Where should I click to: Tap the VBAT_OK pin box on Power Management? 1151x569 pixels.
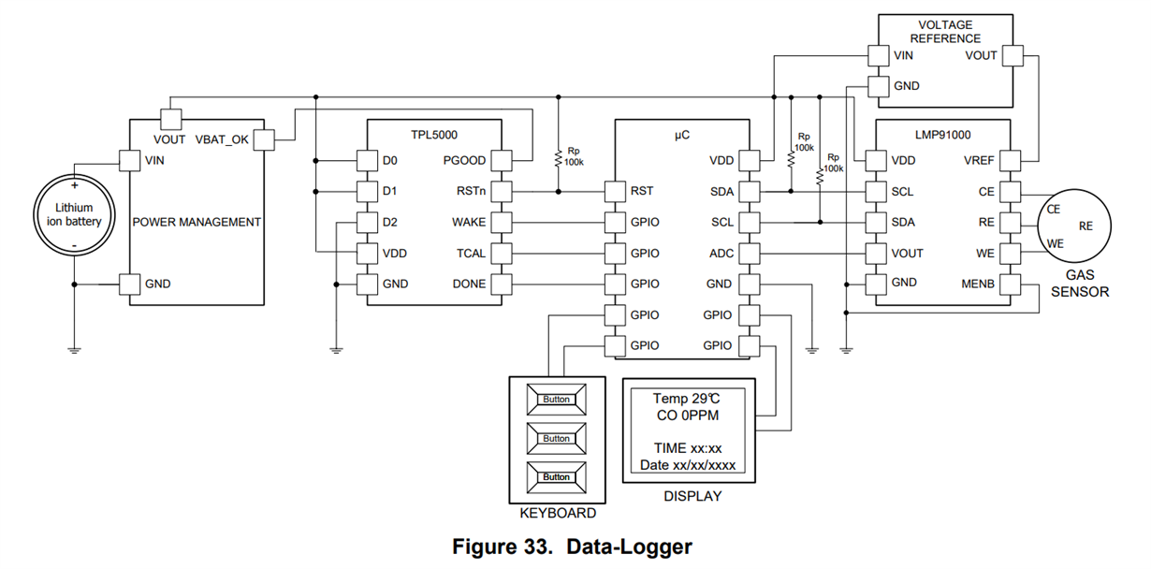tap(264, 139)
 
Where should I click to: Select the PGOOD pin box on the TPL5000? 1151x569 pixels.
tap(502, 160)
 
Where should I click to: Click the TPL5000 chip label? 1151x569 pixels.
tap(434, 135)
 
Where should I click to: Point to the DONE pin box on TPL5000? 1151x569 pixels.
tap(502, 284)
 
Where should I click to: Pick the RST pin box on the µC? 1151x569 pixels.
tap(615, 191)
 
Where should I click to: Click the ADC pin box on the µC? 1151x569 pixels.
tap(750, 254)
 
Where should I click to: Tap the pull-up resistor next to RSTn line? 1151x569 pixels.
tap(559, 158)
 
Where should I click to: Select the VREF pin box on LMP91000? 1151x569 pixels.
tap(1011, 160)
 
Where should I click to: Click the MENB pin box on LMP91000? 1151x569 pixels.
tap(1011, 284)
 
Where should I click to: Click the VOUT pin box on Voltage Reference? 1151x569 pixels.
tap(1013, 55)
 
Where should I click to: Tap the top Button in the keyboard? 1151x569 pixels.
tap(557, 400)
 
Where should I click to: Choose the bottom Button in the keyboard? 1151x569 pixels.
tap(557, 477)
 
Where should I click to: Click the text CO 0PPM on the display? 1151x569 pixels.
tap(688, 416)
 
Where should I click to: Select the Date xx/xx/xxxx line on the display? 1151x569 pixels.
tap(688, 465)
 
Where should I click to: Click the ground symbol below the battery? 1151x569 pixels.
tap(74, 351)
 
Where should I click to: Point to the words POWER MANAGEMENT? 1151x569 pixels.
tap(197, 222)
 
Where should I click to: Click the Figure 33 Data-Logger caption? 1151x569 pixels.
tap(572, 547)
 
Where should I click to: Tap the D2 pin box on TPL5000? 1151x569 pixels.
tap(367, 223)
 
